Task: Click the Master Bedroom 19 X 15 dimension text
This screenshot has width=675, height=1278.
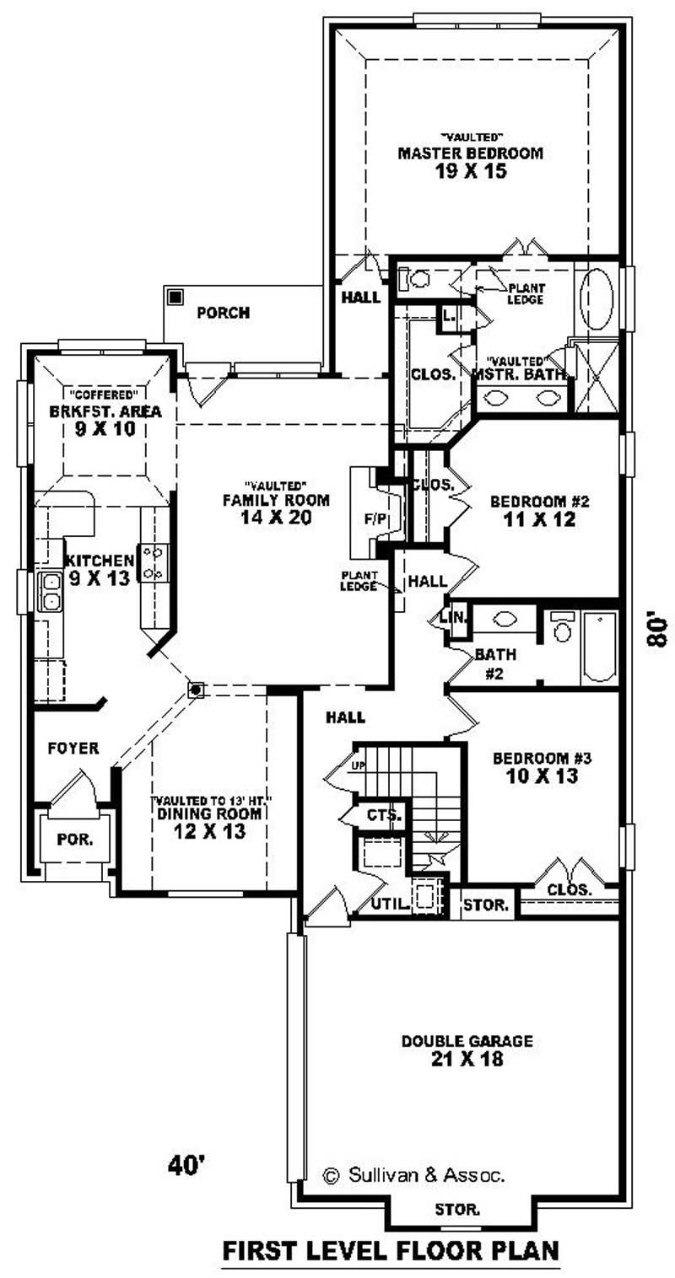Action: [471, 171]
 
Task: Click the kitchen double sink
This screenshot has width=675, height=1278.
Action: [50, 592]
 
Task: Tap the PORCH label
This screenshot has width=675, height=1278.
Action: [224, 313]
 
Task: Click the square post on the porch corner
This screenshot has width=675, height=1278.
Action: [175, 298]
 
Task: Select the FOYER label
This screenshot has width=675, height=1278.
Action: [73, 748]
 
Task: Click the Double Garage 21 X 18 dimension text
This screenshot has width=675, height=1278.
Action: [467, 1059]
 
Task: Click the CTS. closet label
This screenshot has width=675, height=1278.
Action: [386, 814]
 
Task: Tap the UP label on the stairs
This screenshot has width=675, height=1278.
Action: [358, 766]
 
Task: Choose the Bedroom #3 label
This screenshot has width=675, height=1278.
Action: [542, 758]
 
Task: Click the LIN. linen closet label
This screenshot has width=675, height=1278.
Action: [453, 617]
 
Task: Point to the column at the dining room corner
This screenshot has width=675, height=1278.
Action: [196, 690]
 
